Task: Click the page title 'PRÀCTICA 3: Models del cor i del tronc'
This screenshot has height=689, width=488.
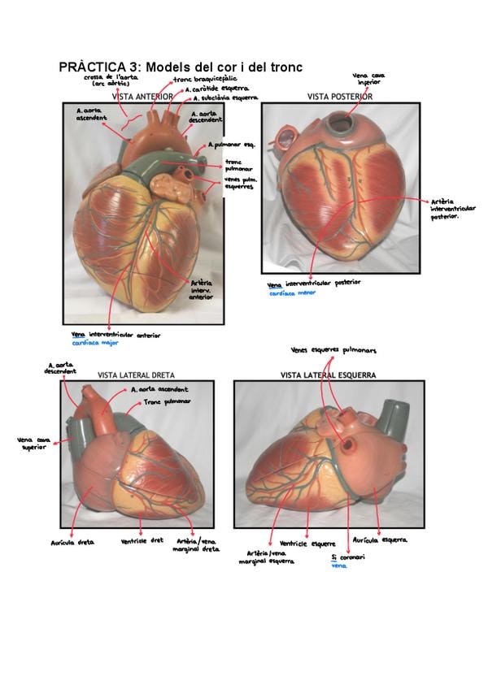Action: click(x=181, y=67)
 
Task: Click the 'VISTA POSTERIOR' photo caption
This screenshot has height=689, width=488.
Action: click(x=340, y=97)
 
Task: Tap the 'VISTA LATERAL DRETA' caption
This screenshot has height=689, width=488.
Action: click(x=137, y=375)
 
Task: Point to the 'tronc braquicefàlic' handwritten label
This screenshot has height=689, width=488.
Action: click(x=203, y=80)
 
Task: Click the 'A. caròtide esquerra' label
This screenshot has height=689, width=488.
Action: click(x=216, y=89)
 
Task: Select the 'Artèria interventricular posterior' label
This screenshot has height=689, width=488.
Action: click(x=452, y=209)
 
